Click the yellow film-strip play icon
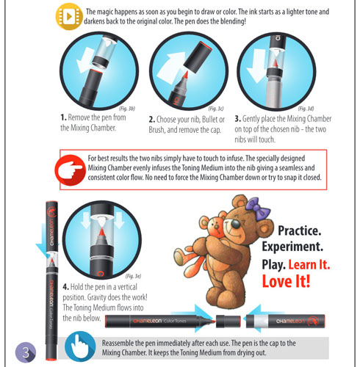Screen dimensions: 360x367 click(69, 17)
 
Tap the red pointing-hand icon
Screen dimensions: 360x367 click(71, 170)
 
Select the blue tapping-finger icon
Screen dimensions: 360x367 click(80, 346)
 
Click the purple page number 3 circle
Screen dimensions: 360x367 click(26, 352)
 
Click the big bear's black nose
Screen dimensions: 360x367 click(236, 224)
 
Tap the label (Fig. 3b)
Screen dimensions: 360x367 click(127, 109)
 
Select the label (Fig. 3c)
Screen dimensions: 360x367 click(216, 109)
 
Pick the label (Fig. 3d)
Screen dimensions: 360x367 click(306, 108)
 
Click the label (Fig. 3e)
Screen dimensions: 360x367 click(133, 276)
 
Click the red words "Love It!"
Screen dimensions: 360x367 click(286, 281)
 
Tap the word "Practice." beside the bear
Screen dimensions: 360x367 click(300, 230)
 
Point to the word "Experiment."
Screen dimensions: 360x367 click(292, 247)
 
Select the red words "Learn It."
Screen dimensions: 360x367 click(309, 265)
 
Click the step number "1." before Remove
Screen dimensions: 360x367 click(63, 117)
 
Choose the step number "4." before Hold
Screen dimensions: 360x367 click(65, 287)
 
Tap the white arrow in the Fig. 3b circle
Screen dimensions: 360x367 click(84, 60)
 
